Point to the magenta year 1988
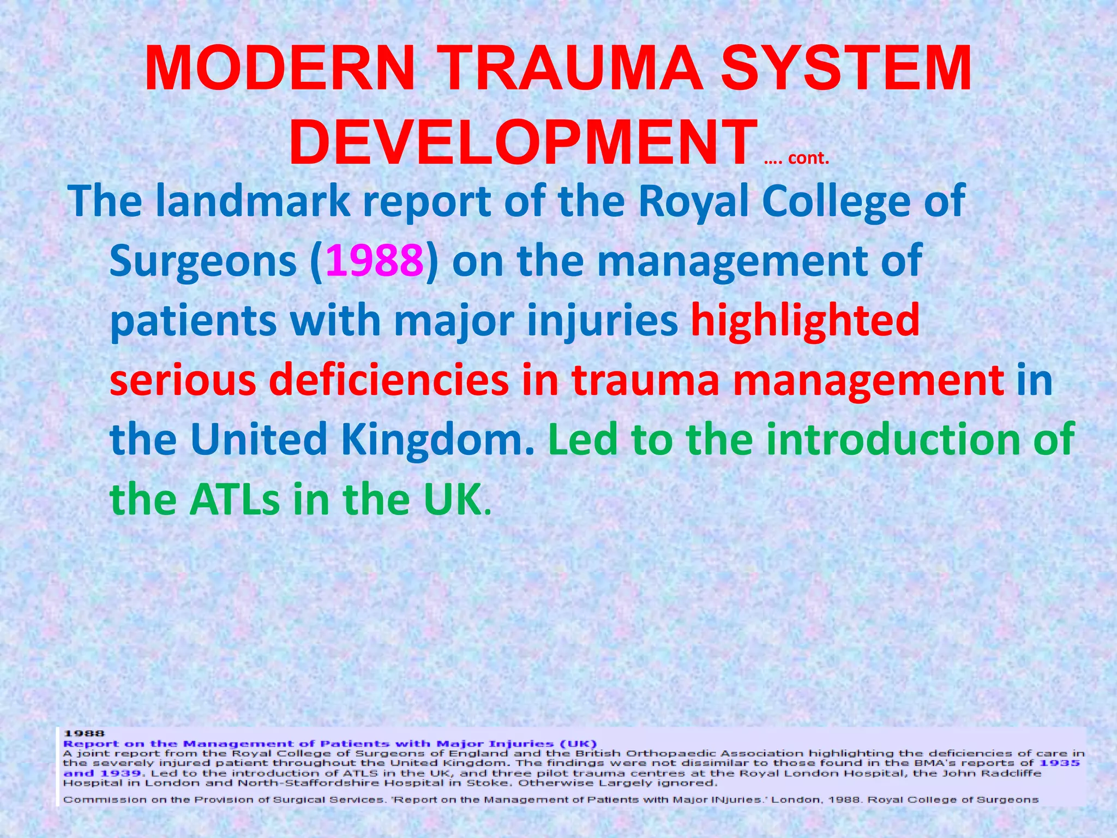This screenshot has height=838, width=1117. (374, 261)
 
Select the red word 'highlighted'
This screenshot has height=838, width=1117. (805, 321)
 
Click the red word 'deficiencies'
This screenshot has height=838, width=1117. (389, 380)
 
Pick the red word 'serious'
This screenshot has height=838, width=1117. (183, 380)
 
